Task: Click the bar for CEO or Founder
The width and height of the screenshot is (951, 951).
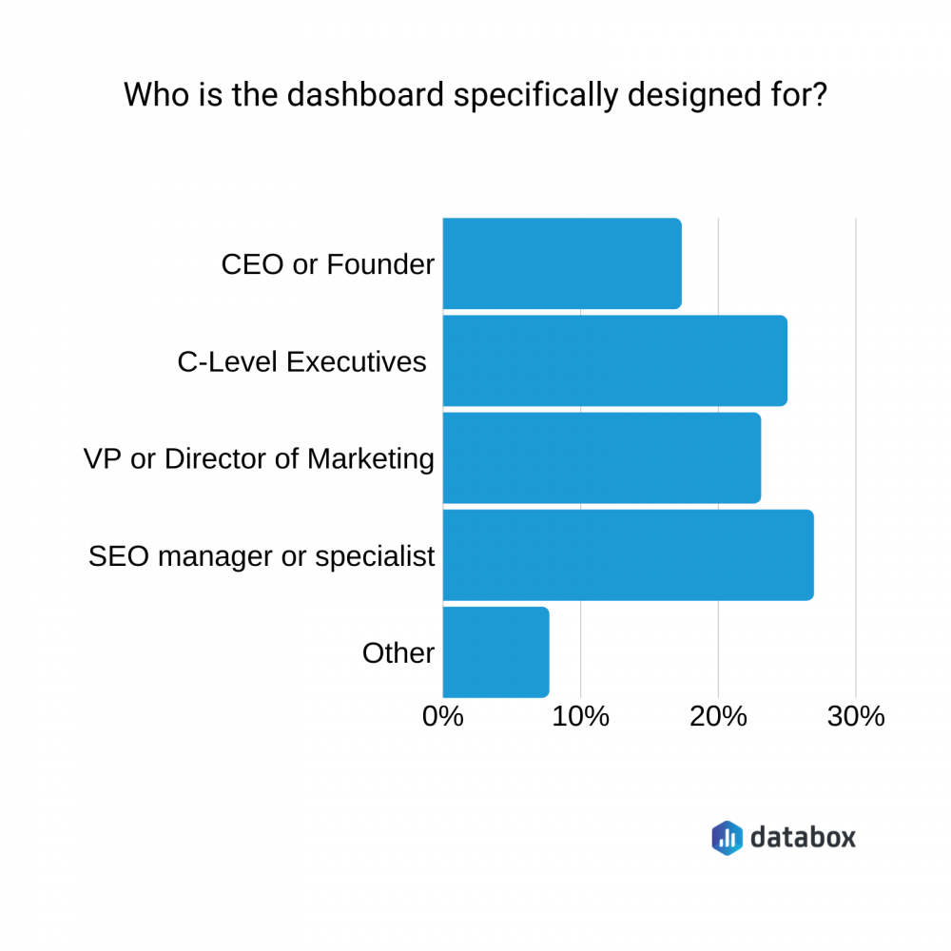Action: (x=561, y=263)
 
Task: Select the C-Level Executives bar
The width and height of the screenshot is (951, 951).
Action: (x=614, y=360)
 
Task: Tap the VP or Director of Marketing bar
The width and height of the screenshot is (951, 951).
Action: (x=601, y=457)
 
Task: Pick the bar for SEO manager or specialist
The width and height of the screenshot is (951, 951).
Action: (x=628, y=555)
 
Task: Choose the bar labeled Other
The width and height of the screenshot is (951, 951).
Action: (x=495, y=652)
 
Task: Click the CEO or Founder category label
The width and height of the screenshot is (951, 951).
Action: (x=327, y=264)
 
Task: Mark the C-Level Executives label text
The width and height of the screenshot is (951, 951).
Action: (x=301, y=361)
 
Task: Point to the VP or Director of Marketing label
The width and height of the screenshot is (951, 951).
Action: (x=259, y=458)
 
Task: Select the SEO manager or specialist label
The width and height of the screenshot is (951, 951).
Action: (x=262, y=555)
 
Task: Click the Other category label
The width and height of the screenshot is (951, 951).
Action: (x=398, y=653)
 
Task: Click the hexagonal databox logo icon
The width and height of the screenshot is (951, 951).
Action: (x=727, y=837)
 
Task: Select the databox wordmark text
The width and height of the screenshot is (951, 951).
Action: (x=803, y=837)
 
